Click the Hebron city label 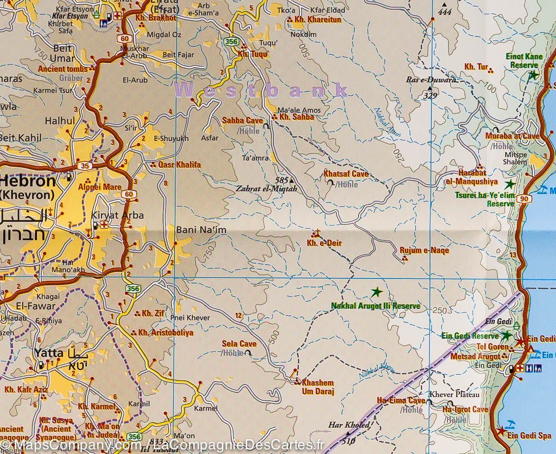click(x=28, y=180)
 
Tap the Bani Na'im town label click(x=195, y=229)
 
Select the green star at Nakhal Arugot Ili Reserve click(x=377, y=292)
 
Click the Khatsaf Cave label click(x=346, y=174)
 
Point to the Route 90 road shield click(x=524, y=199)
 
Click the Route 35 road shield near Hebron click(x=85, y=165)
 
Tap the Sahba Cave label click(x=242, y=120)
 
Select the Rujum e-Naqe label click(x=424, y=251)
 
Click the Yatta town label click(x=48, y=353)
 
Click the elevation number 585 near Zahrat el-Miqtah click(x=281, y=180)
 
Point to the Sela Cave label click(x=239, y=344)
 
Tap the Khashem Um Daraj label click(x=317, y=387)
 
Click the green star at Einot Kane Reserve click(x=533, y=75)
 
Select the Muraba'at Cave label click(x=512, y=136)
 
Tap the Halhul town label click(x=60, y=121)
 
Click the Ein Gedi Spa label click(x=529, y=435)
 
